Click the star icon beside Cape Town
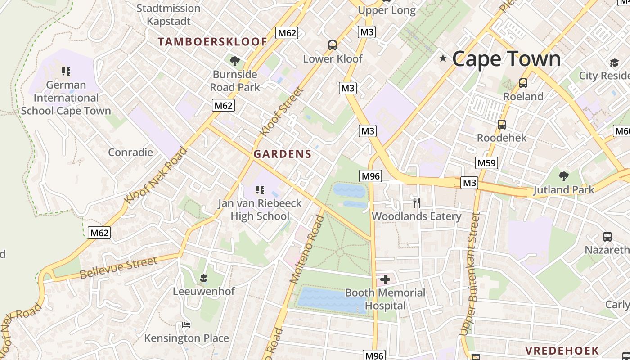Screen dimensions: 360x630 point(443,58)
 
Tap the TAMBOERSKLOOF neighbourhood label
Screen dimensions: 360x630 point(212,42)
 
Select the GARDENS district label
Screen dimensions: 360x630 point(282,154)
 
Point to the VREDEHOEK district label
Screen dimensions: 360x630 point(562,350)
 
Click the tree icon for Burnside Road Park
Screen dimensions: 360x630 point(234,61)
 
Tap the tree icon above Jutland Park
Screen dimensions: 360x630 point(563,176)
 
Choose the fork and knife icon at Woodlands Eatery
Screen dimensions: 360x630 point(417,203)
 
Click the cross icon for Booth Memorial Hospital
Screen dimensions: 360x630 point(385,279)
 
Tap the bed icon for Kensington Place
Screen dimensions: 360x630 point(186,325)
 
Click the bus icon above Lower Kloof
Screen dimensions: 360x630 point(333,45)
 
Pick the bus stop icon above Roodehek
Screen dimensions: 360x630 point(502,125)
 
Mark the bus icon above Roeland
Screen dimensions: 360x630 point(523,83)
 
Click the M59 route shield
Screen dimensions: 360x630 point(486,163)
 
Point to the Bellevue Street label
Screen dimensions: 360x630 point(119,268)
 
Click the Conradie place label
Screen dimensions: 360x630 point(130,152)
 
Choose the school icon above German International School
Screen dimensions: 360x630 point(66,72)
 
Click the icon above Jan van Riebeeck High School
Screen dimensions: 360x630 point(260,190)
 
